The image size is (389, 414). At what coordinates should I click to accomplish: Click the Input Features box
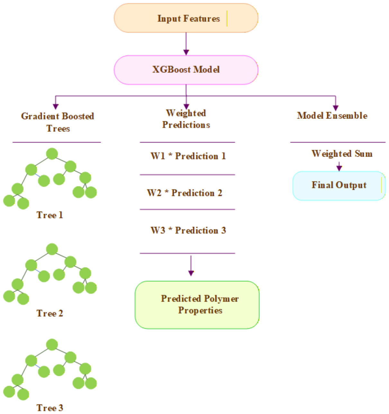(x=186, y=18)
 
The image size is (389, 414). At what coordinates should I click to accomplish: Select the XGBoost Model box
(x=186, y=70)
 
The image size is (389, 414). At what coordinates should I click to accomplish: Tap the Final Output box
(x=339, y=186)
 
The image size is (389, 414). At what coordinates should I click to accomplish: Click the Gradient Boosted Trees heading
(x=58, y=122)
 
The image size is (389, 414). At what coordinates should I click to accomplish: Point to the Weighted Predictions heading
(x=186, y=119)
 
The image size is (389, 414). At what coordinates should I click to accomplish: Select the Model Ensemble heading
(x=332, y=116)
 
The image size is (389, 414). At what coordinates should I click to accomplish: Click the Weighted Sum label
(x=342, y=154)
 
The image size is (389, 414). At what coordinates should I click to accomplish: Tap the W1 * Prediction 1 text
(x=188, y=156)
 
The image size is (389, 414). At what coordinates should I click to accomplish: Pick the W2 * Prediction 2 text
(x=185, y=193)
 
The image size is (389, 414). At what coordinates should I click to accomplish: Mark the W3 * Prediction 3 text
(x=188, y=230)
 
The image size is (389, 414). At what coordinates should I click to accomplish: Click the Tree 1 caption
(x=50, y=215)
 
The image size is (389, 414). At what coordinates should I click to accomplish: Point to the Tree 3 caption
(x=50, y=408)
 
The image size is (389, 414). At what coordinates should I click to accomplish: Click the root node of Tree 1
(x=52, y=154)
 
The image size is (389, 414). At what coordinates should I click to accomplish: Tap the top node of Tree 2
(x=52, y=249)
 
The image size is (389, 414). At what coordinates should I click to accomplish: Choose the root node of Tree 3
(x=52, y=345)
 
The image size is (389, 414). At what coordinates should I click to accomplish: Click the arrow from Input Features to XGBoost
(x=186, y=44)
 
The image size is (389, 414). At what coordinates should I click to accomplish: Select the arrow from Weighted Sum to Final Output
(x=339, y=166)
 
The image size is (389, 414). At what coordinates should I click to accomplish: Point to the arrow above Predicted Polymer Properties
(x=191, y=266)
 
